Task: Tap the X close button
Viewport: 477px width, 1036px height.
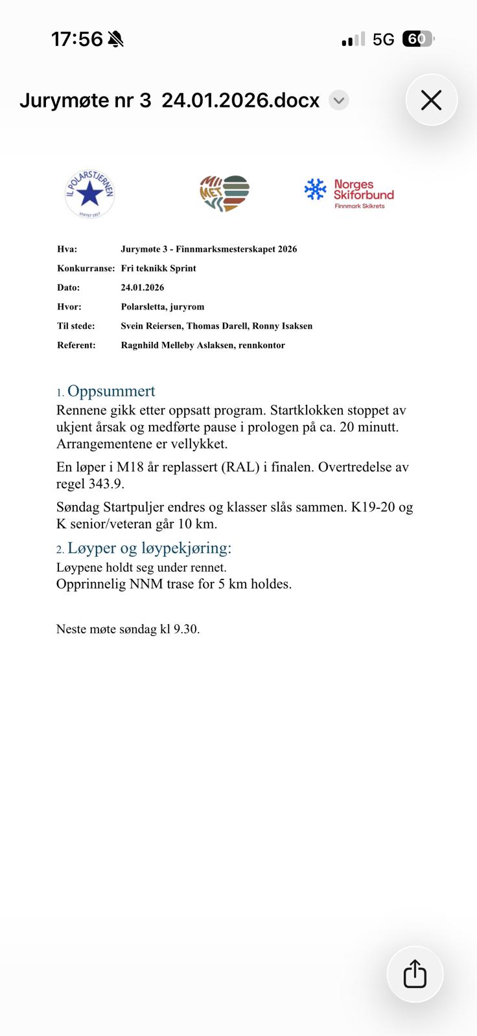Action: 431,100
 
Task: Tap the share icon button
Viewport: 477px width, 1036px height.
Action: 415,974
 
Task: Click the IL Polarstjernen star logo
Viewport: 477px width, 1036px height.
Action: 90,193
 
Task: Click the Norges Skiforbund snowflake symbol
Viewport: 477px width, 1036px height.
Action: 316,190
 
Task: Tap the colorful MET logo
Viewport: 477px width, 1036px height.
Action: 224,193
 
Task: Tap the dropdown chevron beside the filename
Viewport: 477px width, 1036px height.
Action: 338,100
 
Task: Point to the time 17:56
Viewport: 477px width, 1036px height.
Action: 76,39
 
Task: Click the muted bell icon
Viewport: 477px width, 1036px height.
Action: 116,39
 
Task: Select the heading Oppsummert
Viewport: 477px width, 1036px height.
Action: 111,391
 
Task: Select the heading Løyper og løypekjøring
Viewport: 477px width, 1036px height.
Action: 149,548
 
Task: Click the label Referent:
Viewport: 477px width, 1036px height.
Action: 76,345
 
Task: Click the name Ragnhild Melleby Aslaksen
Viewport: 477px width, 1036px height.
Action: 177,345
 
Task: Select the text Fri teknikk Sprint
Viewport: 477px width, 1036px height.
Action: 158,268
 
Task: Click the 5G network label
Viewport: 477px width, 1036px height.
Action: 383,39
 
